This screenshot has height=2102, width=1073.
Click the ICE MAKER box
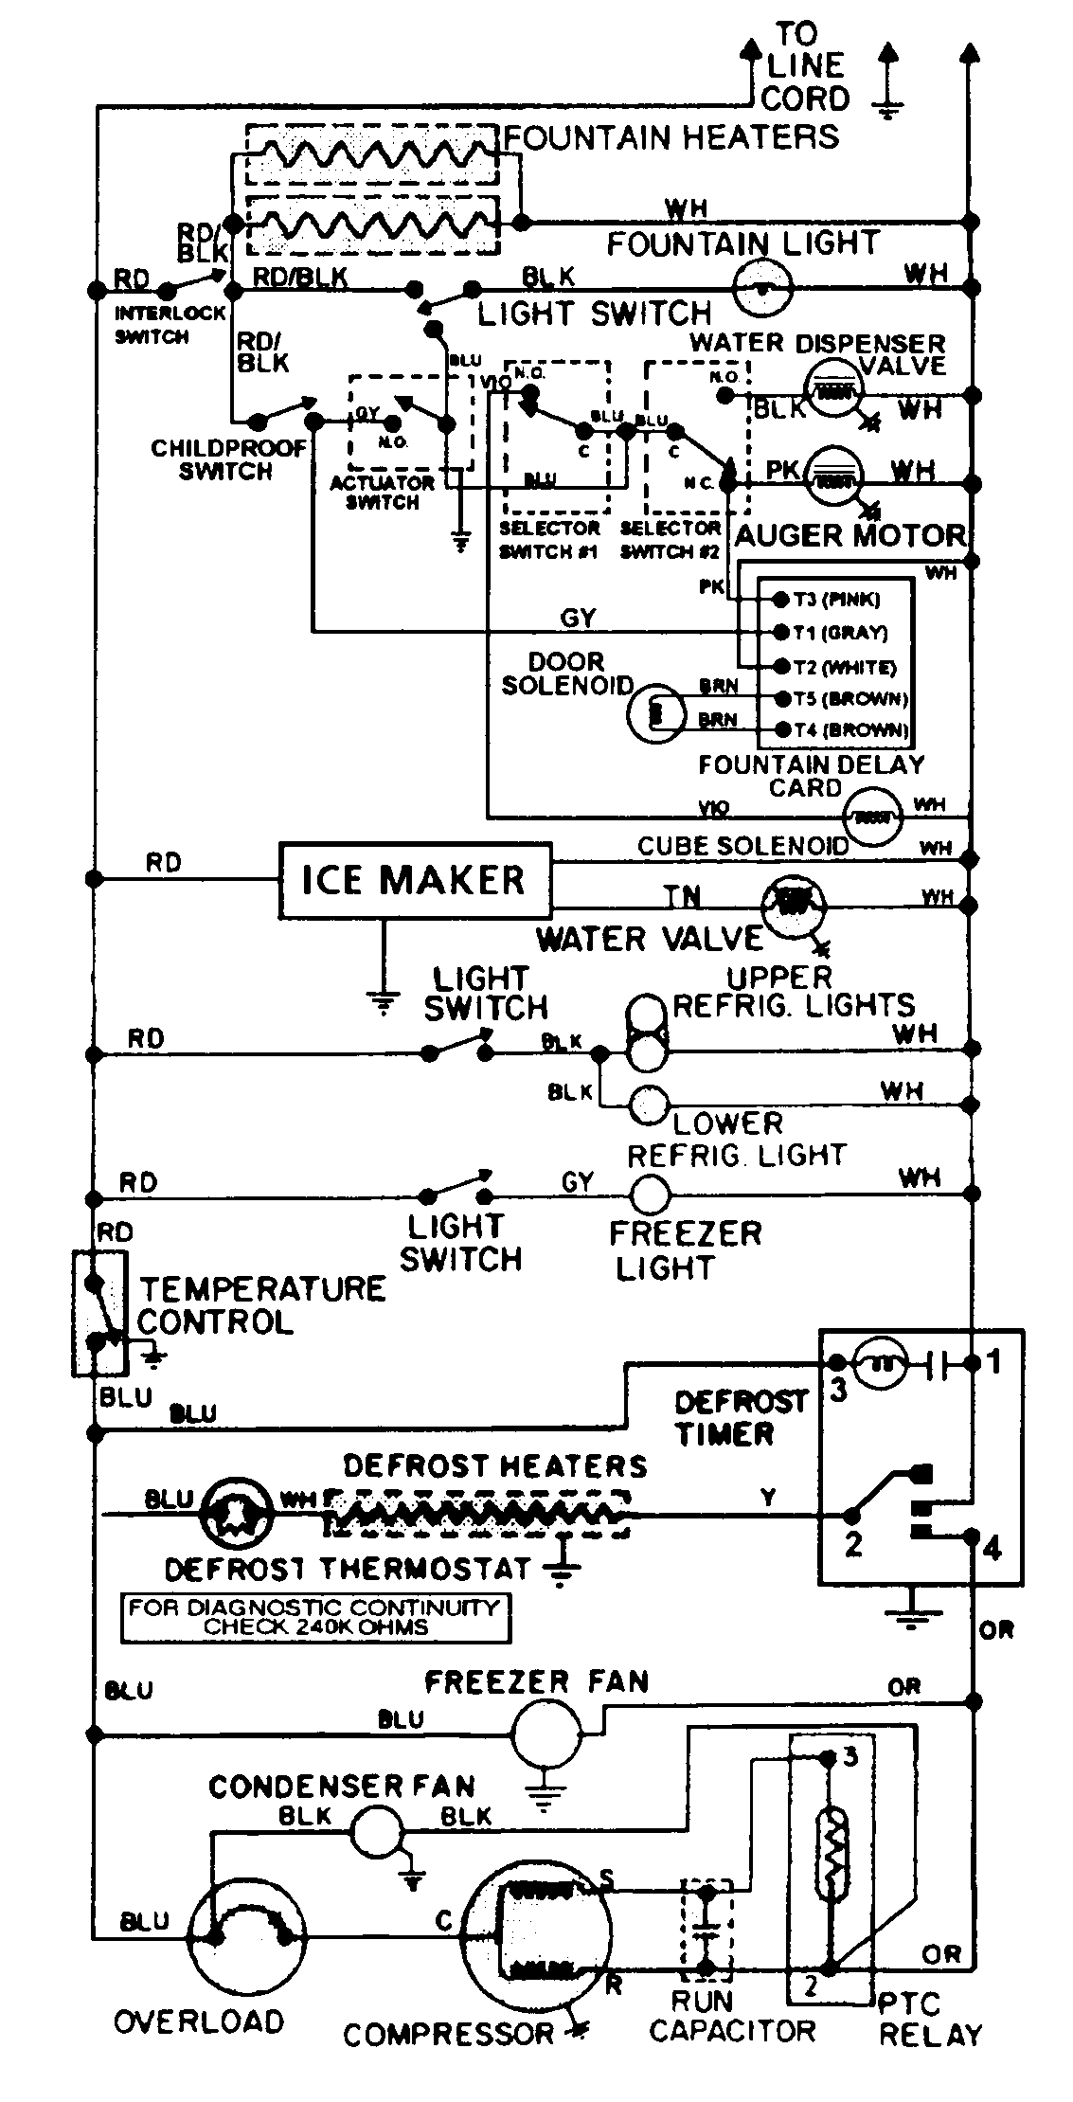pos(415,881)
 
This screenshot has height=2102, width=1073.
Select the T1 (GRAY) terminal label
pos(840,633)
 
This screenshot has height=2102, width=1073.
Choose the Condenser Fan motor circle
pos(378,1831)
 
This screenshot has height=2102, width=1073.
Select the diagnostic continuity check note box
pos(315,1618)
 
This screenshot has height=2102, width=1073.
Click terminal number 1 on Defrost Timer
pos(993,1362)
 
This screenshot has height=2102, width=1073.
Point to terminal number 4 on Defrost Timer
pos(992,1550)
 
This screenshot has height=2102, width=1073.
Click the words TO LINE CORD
pos(804,66)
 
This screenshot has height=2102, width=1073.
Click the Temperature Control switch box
pos(99,1312)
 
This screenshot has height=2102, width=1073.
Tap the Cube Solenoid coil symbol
pos(873,816)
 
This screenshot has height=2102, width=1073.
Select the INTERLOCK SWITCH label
pos(170,324)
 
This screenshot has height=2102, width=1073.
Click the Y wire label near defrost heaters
pos(768,1498)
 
